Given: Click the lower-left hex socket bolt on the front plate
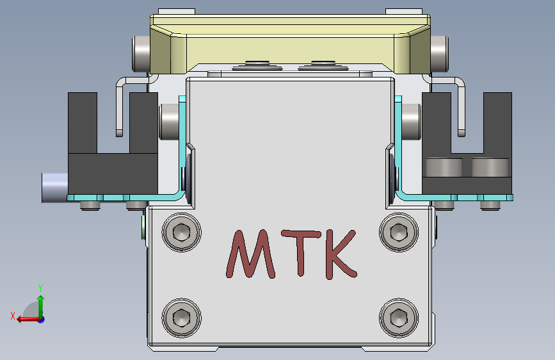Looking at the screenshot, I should point(182,317).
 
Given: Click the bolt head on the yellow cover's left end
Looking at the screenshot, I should point(140,54).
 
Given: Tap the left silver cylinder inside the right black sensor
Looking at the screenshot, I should point(444,168).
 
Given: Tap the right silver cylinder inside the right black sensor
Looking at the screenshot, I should point(490,168).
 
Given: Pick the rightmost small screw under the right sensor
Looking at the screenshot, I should point(490,205).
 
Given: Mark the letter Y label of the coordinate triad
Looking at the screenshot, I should point(40,288).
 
